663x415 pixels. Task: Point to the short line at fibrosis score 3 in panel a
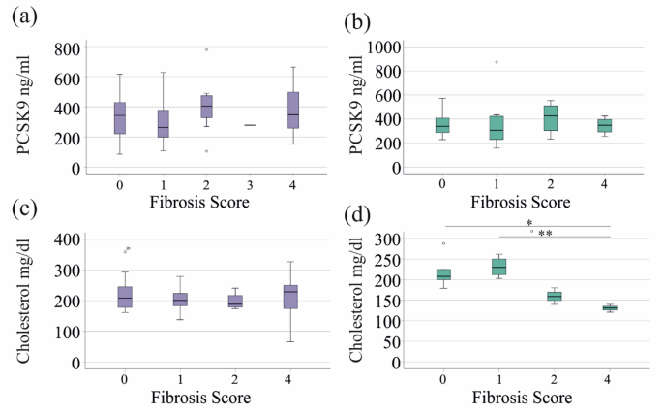click(x=250, y=125)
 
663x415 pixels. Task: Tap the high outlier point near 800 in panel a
click(x=206, y=49)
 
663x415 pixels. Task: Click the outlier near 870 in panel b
click(x=497, y=62)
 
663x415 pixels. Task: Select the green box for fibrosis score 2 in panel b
click(x=551, y=117)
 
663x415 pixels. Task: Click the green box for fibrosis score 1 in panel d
click(x=497, y=266)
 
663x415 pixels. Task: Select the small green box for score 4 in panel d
click(x=610, y=308)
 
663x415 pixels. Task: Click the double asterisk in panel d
click(x=545, y=234)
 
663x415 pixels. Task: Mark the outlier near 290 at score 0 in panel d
click(x=443, y=243)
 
